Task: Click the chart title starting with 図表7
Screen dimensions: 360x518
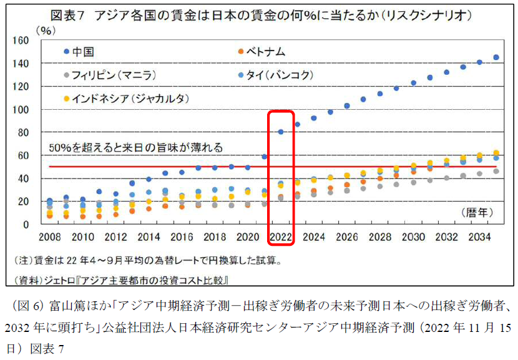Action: [259, 15]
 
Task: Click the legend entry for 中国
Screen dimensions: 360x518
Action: [82, 52]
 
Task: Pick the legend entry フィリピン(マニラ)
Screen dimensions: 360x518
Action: [112, 75]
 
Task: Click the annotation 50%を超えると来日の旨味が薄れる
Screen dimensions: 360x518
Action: [136, 148]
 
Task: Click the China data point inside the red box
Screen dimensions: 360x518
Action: [281, 132]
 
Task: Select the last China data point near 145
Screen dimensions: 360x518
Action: [496, 57]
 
